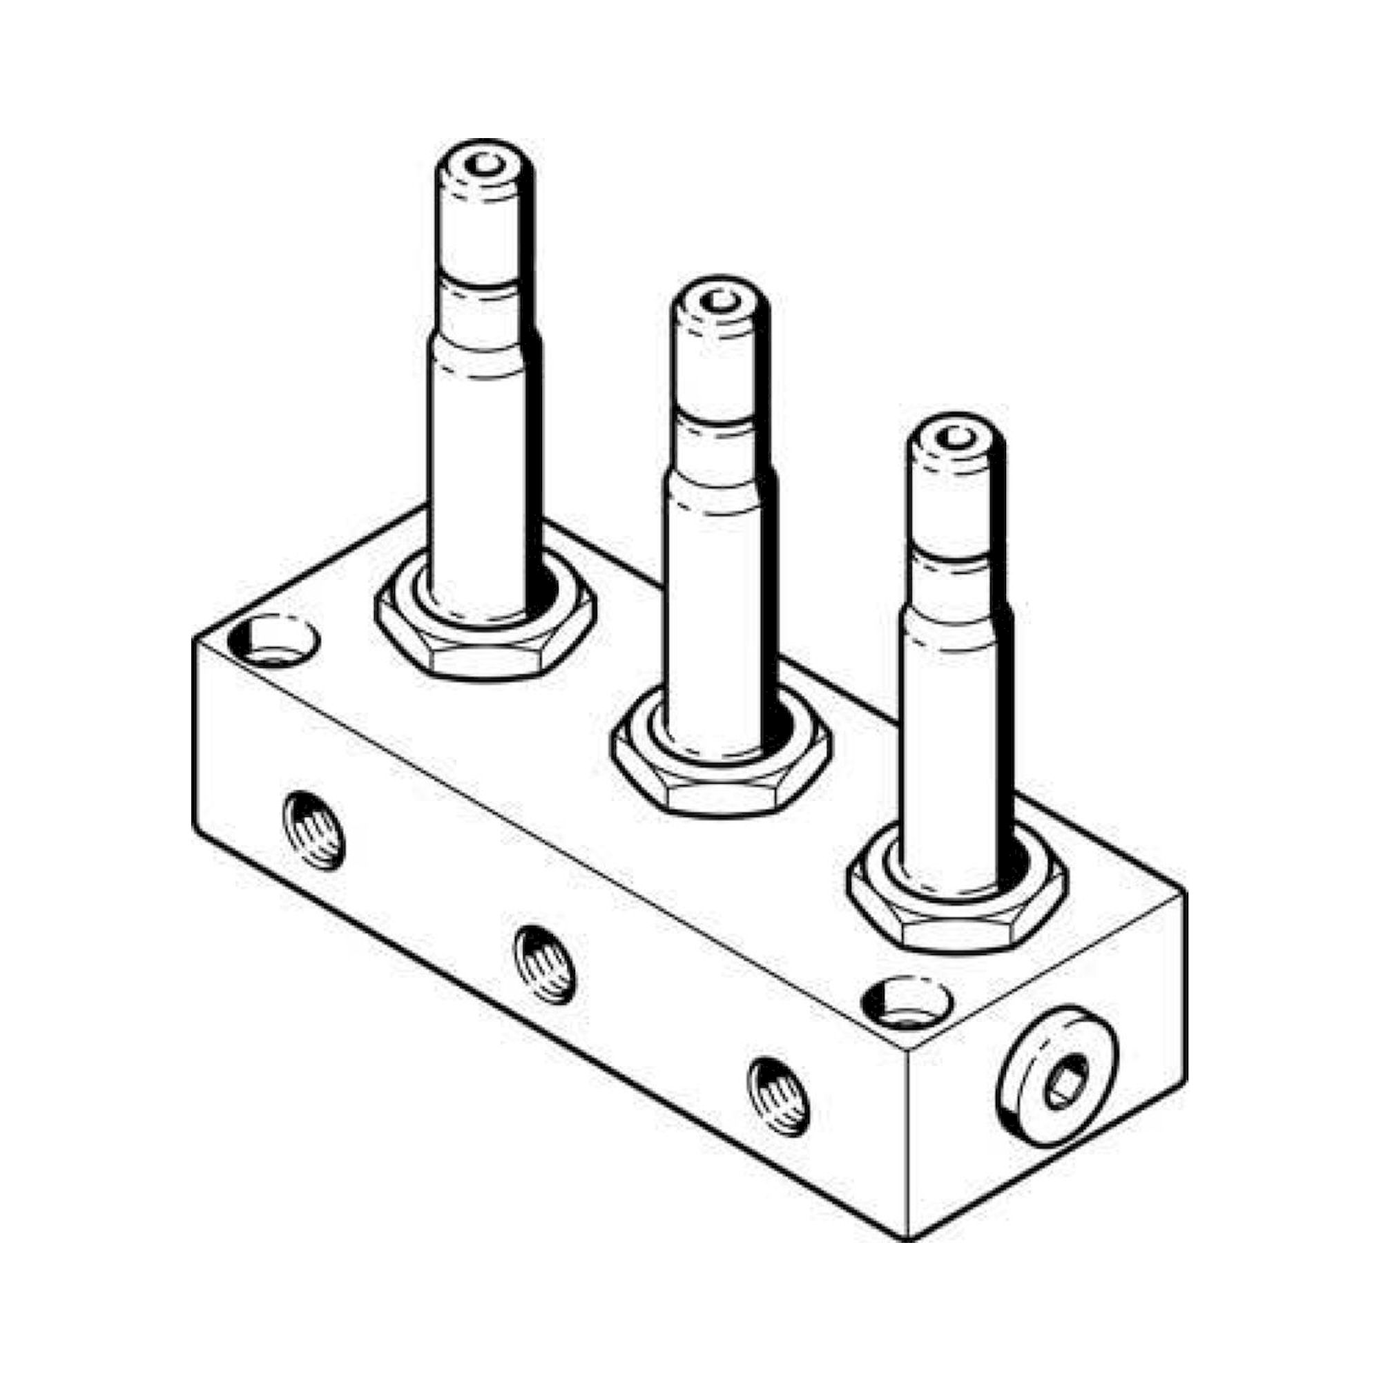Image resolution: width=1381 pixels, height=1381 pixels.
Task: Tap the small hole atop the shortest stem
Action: [956, 437]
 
